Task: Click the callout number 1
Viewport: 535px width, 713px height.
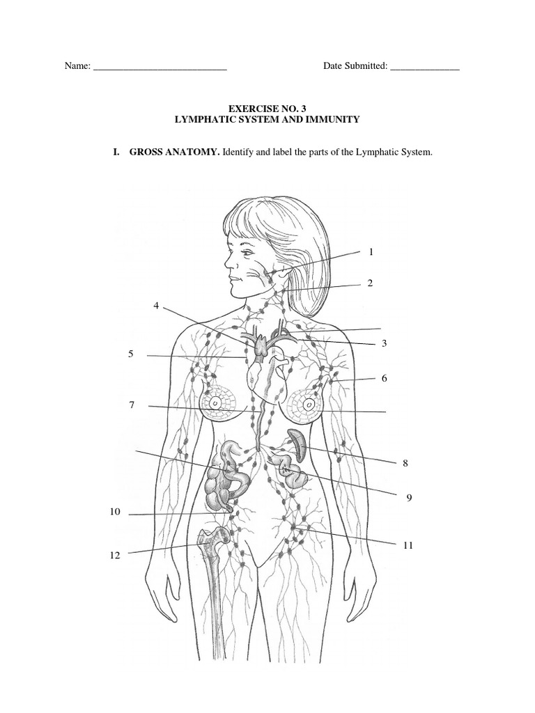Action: (x=371, y=252)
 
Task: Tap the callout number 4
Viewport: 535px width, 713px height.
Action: (x=157, y=306)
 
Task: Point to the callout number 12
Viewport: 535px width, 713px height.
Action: (x=114, y=556)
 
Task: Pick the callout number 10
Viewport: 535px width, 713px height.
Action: (x=115, y=512)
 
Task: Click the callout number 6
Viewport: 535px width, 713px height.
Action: (x=384, y=378)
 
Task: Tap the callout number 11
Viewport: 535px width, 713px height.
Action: (x=408, y=545)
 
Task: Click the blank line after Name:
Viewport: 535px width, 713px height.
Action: (x=160, y=68)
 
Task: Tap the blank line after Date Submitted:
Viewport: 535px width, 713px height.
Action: (x=425, y=68)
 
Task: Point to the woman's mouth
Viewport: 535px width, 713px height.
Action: (x=234, y=278)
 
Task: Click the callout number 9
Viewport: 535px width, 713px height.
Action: (x=410, y=496)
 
